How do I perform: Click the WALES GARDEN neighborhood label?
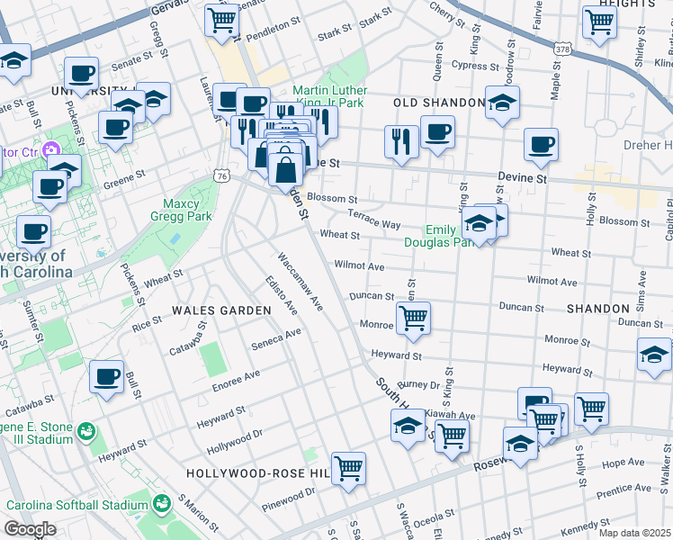click(221, 310)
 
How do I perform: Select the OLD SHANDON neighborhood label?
click(439, 103)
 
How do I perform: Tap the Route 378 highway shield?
click(563, 47)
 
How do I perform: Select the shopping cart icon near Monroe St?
click(413, 317)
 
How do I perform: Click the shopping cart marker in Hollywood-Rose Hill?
click(348, 467)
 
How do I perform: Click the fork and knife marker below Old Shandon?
click(401, 140)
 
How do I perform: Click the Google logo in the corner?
click(31, 529)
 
